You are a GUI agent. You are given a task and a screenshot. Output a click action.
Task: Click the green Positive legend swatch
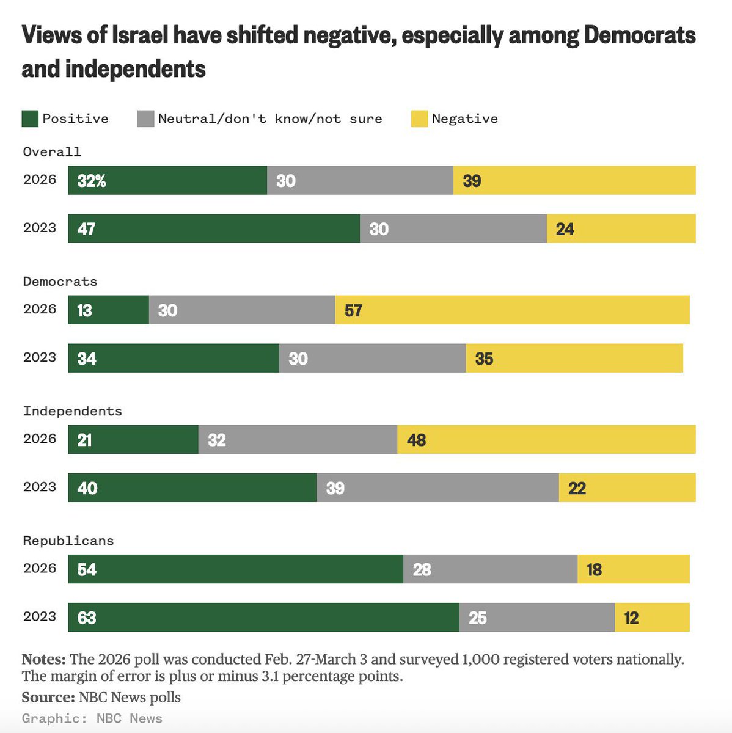tap(30, 119)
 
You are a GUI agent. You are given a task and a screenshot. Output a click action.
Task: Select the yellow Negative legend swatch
tap(419, 119)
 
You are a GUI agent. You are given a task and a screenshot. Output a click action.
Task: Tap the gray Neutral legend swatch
tap(146, 119)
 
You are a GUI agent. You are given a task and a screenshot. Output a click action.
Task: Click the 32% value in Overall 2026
tap(92, 180)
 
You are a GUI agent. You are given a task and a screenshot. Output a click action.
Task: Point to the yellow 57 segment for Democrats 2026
tap(512, 310)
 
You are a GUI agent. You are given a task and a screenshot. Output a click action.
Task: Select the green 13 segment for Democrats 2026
tap(108, 310)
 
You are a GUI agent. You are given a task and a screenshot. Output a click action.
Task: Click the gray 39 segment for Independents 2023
tap(437, 487)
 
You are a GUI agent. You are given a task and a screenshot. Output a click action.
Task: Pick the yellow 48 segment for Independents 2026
tap(546, 439)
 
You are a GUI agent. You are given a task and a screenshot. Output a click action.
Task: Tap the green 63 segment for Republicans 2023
tap(263, 617)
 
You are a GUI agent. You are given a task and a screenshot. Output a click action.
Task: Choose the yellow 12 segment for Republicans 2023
tap(652, 617)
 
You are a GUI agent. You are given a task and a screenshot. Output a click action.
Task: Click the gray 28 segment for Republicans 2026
tap(490, 569)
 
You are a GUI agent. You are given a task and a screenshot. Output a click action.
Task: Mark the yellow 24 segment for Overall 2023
tap(621, 228)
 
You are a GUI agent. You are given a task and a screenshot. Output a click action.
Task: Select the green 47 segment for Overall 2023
tap(214, 228)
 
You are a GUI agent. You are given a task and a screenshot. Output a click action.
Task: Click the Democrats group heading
tap(60, 282)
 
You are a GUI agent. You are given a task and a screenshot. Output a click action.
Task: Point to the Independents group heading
tap(72, 411)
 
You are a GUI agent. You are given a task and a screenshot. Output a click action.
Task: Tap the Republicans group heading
tap(68, 541)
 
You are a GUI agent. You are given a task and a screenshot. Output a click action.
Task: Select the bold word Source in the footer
tap(48, 697)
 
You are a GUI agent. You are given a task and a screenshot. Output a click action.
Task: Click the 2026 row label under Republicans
tap(40, 568)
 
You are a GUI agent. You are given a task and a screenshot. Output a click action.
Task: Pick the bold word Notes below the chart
tap(43, 660)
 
